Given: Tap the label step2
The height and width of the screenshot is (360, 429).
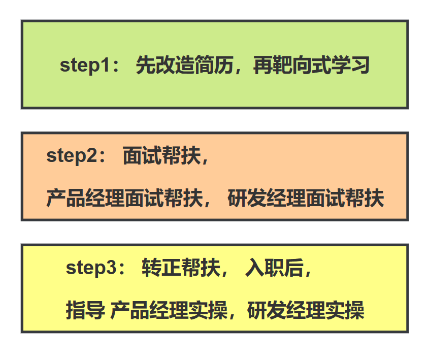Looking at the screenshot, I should (71, 156).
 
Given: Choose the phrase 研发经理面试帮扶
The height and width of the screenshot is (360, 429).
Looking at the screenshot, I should (306, 198).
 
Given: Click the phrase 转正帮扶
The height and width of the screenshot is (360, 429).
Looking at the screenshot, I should (181, 268).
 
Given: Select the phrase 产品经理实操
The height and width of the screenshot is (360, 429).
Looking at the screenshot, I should (169, 310).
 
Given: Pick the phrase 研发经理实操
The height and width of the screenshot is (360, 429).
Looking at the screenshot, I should (306, 310).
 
